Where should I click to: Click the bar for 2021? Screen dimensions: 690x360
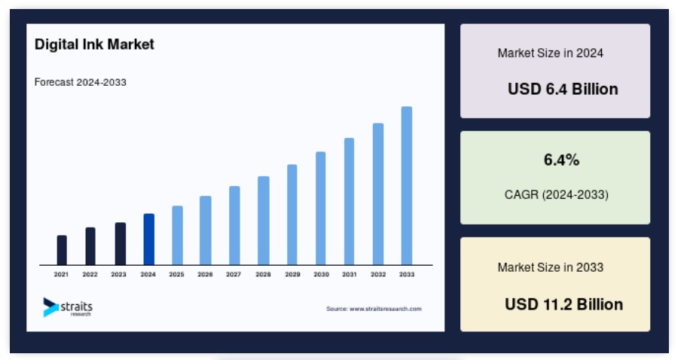62,250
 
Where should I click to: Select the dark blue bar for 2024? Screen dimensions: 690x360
148,239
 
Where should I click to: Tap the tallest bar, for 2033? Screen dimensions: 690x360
407,186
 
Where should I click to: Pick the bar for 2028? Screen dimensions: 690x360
263,221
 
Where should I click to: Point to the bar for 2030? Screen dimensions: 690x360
320,208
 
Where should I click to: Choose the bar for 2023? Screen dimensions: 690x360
120,244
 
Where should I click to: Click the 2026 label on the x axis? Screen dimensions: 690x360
205,274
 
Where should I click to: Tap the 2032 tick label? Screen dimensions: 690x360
378,274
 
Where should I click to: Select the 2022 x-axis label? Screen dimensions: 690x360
90,274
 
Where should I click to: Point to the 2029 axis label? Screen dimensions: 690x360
292,274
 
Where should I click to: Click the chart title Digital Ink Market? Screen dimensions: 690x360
94,44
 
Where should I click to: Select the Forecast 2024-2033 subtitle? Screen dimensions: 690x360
80,82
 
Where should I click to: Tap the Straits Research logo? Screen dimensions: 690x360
68,307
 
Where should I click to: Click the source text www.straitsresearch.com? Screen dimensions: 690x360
374,309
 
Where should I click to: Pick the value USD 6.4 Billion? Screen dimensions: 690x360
563,89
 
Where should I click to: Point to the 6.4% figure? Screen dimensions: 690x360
561,160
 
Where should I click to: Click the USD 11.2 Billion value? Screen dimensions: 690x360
563,304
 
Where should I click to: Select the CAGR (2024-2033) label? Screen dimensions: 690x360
556,194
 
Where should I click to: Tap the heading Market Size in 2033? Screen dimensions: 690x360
551,267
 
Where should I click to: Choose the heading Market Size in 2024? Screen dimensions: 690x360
551,53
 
